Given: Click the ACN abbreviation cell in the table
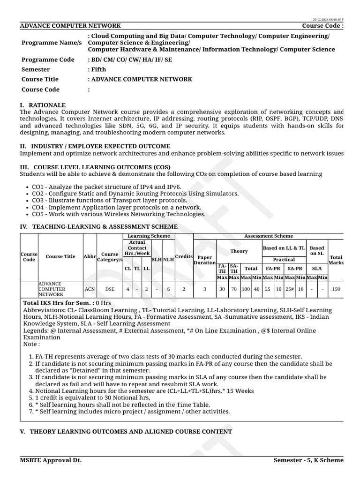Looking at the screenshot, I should tap(90, 289).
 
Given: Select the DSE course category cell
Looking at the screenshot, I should tap(109, 289).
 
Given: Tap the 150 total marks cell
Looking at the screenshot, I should tap(336, 289).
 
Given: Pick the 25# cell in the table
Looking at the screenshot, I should tap(290, 289).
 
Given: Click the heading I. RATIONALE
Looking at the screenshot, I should tap(43, 105).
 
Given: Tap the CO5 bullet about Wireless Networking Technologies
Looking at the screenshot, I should tap(119, 214).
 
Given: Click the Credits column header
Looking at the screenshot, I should tap(184, 256).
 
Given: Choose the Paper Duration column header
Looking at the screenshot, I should tap(204, 260).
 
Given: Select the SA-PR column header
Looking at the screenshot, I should tap(295, 269).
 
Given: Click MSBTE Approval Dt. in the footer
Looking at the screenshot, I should tap(51, 460).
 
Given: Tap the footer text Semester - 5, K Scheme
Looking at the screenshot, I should tap(308, 460).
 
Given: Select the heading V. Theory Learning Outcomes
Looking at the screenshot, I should tap(126, 431).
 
